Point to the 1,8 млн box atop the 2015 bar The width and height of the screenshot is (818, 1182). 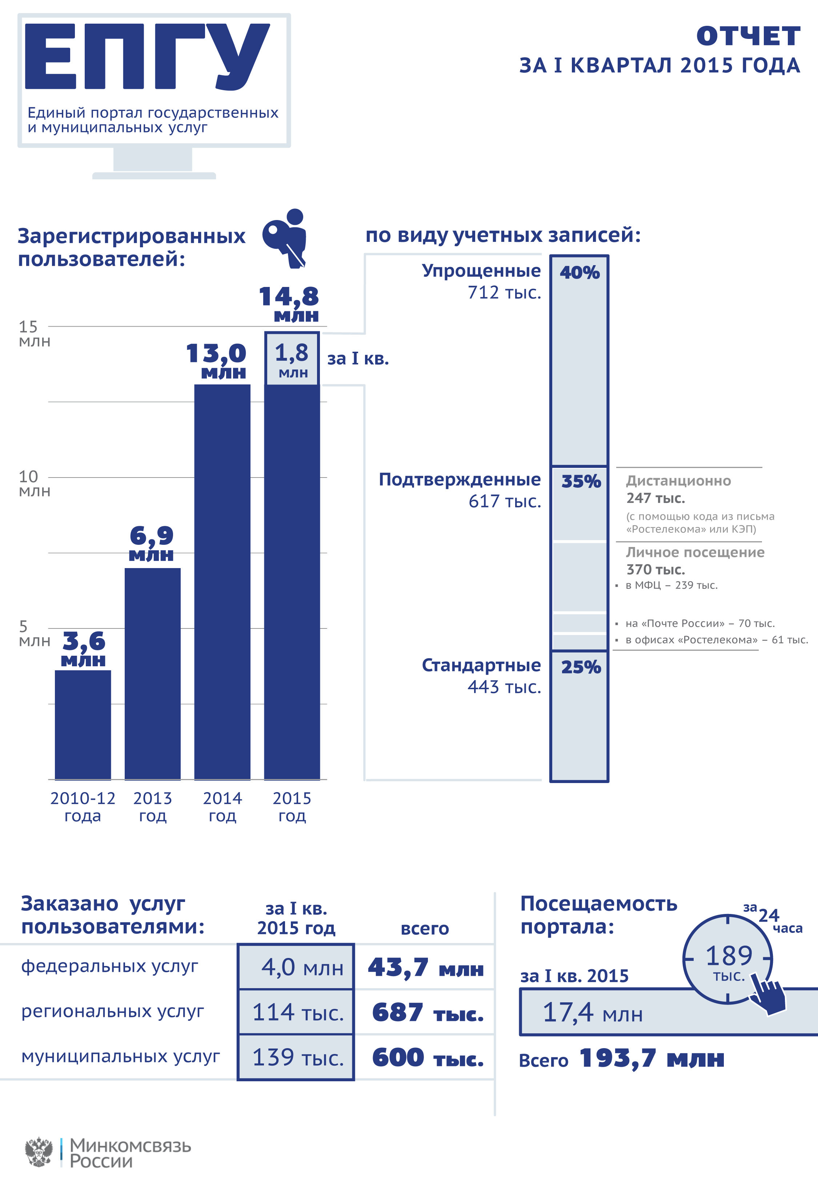coord(292,359)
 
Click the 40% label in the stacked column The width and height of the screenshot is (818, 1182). coord(579,272)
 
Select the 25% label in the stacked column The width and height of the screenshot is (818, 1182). coord(580,667)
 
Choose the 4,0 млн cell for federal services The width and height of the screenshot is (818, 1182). coord(296,967)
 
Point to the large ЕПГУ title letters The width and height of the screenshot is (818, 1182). coord(147,56)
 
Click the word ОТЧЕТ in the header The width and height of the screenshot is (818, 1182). coord(748,36)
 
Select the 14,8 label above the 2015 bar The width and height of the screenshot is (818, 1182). coord(289,297)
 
